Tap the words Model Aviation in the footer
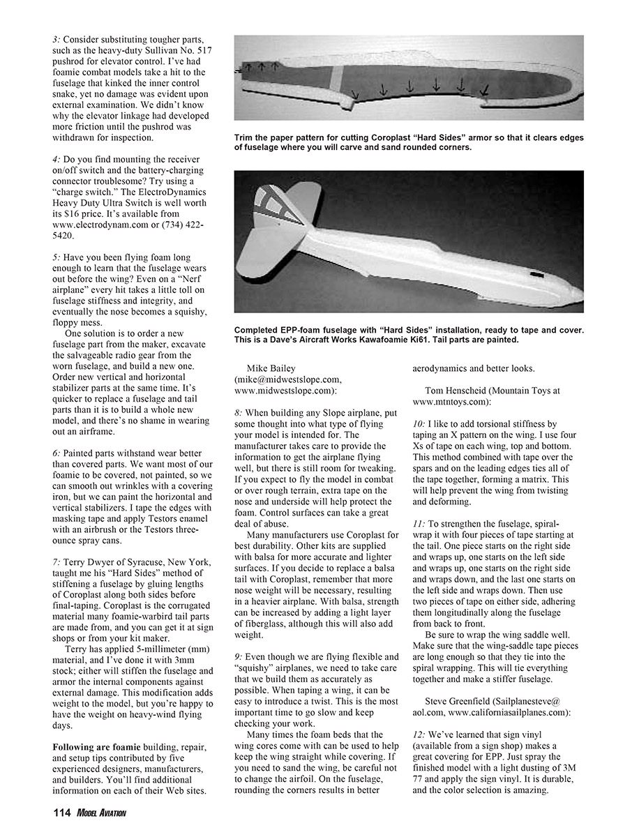point(102,813)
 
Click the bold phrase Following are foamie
point(97,747)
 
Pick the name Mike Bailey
point(271,368)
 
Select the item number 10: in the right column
point(420,424)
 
